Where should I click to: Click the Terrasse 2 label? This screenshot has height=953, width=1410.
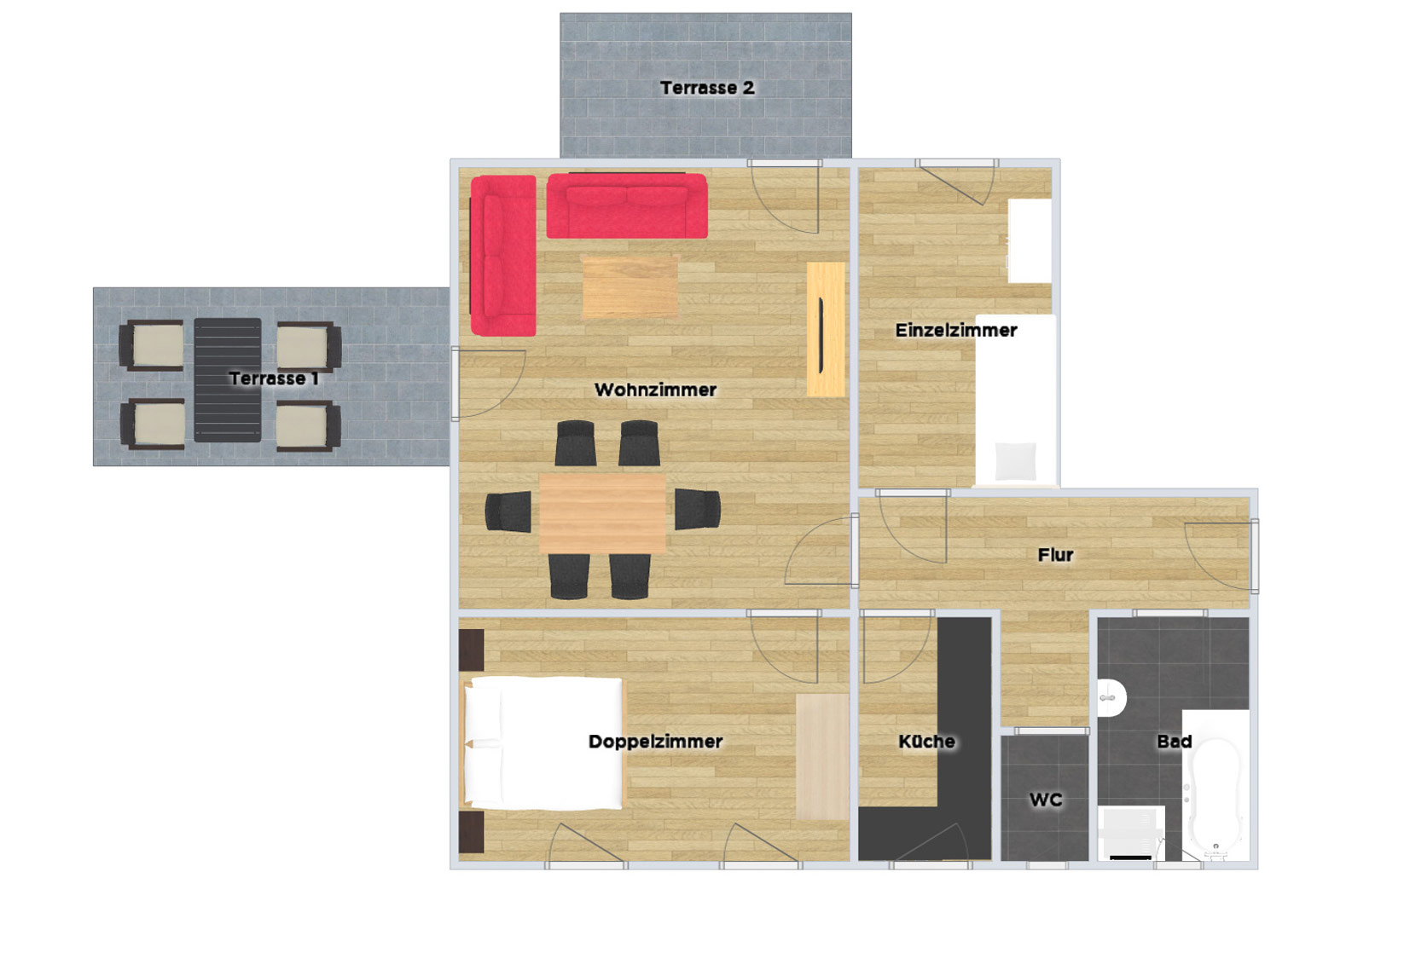point(707,88)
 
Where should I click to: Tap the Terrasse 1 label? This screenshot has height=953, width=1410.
point(274,378)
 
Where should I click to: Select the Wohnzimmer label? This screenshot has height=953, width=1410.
point(655,390)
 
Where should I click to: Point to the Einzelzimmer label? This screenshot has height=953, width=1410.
point(956,330)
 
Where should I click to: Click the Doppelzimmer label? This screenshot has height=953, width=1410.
point(655,742)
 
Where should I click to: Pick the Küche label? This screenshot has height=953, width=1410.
point(926,742)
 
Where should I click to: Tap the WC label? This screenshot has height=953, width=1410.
point(1046,800)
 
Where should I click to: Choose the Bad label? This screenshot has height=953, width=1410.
point(1175,742)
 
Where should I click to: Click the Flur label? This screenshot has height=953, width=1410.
point(1056,555)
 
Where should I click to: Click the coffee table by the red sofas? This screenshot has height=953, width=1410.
point(630,287)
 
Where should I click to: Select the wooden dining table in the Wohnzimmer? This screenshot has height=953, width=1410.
point(602,514)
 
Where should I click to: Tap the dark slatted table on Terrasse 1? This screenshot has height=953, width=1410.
point(227,380)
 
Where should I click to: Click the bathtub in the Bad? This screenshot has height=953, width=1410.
point(1216,785)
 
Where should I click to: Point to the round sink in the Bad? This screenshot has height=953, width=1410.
point(1111,697)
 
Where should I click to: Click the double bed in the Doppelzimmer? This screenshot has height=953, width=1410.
point(543,743)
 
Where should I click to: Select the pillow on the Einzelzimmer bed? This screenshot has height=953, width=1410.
point(1015,461)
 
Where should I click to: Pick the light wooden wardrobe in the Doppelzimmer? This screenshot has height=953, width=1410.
point(822,757)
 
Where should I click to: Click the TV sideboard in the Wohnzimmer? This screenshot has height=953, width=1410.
point(826,329)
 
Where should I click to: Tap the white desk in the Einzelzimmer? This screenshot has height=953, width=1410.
point(1030,241)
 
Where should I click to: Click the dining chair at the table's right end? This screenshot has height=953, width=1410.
point(698,508)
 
